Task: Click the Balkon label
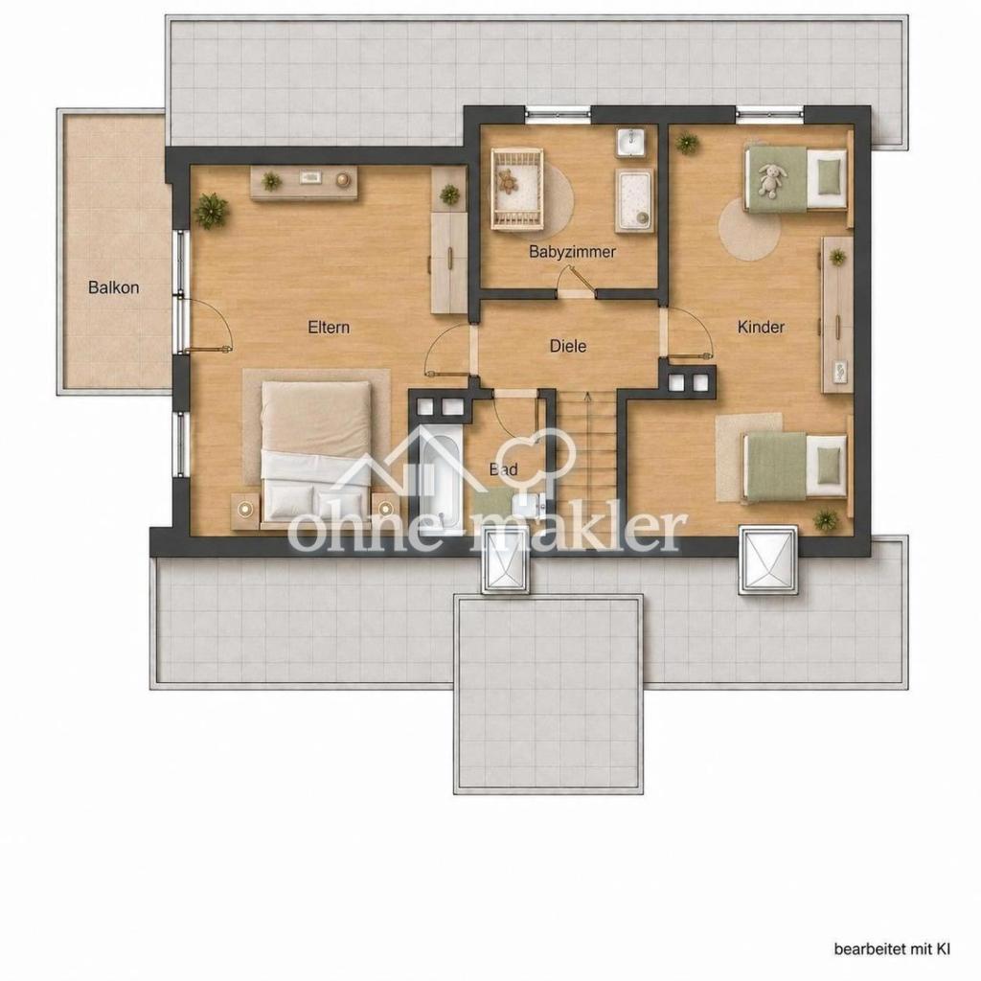[113, 287]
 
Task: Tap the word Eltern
[329, 328]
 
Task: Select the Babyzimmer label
[573, 252]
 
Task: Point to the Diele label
[568, 346]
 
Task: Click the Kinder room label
[761, 327]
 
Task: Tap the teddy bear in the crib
[508, 181]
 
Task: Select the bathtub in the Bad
[441, 477]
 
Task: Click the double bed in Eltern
[316, 452]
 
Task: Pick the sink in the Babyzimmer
[633, 142]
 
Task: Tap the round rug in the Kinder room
[748, 229]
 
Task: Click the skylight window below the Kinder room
[769, 559]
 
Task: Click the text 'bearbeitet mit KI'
[892, 949]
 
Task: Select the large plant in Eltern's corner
[211, 210]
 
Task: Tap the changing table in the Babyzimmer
[634, 200]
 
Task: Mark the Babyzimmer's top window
[557, 113]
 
